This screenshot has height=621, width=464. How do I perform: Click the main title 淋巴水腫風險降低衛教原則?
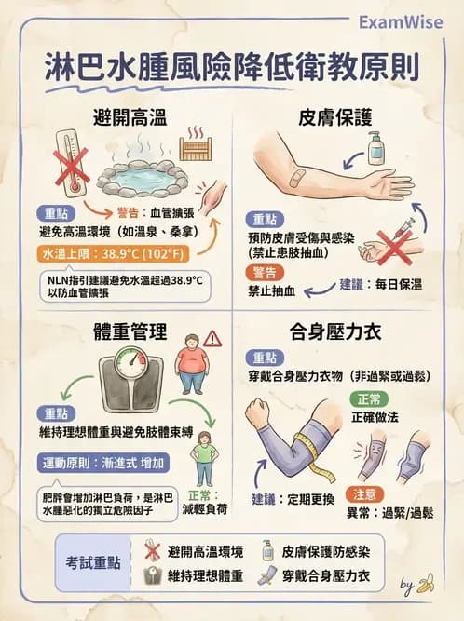coord(232,67)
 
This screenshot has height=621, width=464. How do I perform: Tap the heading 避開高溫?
coord(130,117)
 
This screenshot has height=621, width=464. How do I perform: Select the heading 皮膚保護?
coord(335,117)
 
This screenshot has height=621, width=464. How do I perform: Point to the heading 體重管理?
coord(130,331)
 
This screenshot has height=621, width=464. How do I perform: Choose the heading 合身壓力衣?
coord(335,331)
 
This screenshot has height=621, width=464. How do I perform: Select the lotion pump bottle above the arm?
coord(375,148)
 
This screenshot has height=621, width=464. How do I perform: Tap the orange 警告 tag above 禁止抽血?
coord(264,271)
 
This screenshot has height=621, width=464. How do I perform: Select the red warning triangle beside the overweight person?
coord(212,338)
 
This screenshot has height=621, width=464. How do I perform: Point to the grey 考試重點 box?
coord(93,563)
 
